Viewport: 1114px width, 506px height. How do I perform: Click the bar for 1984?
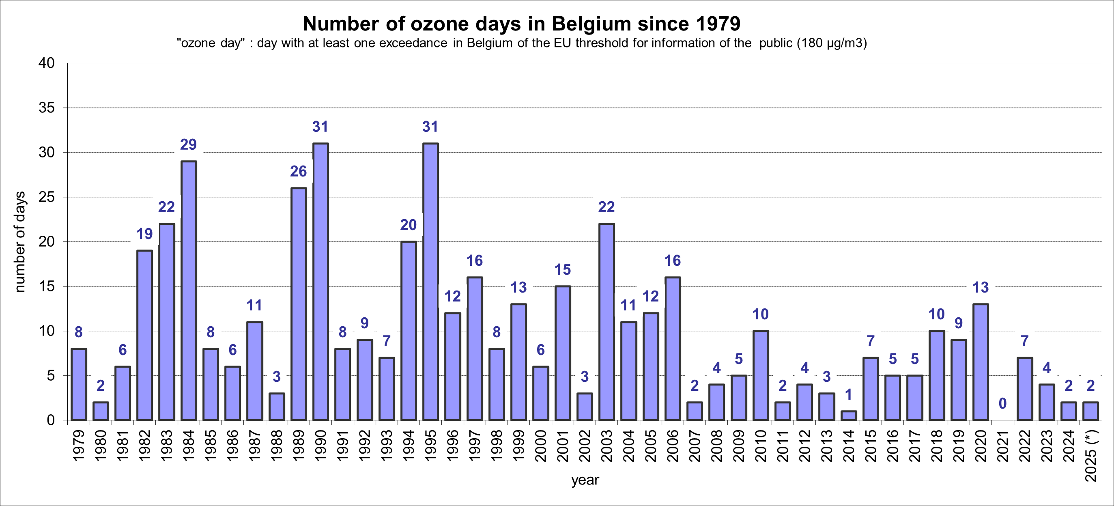pyautogui.click(x=189, y=291)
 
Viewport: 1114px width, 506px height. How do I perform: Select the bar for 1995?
pyautogui.click(x=430, y=282)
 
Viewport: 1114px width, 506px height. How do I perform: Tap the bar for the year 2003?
pyautogui.click(x=606, y=322)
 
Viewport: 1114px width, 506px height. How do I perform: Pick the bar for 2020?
pyautogui.click(x=981, y=362)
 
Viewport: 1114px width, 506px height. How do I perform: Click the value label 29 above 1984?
pyautogui.click(x=189, y=144)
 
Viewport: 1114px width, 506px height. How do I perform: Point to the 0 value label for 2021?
pyautogui.click(x=1002, y=403)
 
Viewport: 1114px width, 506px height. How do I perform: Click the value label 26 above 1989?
pyautogui.click(x=299, y=172)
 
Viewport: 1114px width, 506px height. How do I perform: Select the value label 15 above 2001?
pyautogui.click(x=562, y=270)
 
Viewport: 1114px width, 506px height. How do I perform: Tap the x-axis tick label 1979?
pyautogui.click(x=79, y=446)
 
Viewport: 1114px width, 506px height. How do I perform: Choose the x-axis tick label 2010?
pyautogui.click(x=761, y=446)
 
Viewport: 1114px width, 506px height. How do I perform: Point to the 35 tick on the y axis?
pyautogui.click(x=47, y=108)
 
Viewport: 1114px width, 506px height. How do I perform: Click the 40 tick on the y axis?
pyautogui.click(x=47, y=63)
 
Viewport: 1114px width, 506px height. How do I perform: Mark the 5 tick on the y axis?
pyautogui.click(x=51, y=375)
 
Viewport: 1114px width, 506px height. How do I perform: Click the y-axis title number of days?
pyautogui.click(x=20, y=242)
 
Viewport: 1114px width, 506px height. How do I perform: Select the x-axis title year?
pyautogui.click(x=585, y=480)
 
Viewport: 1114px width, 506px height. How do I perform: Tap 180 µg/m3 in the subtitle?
pyautogui.click(x=832, y=43)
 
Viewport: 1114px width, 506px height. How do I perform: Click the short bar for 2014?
pyautogui.click(x=848, y=416)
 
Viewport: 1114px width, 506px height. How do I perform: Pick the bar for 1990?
pyautogui.click(x=320, y=282)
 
